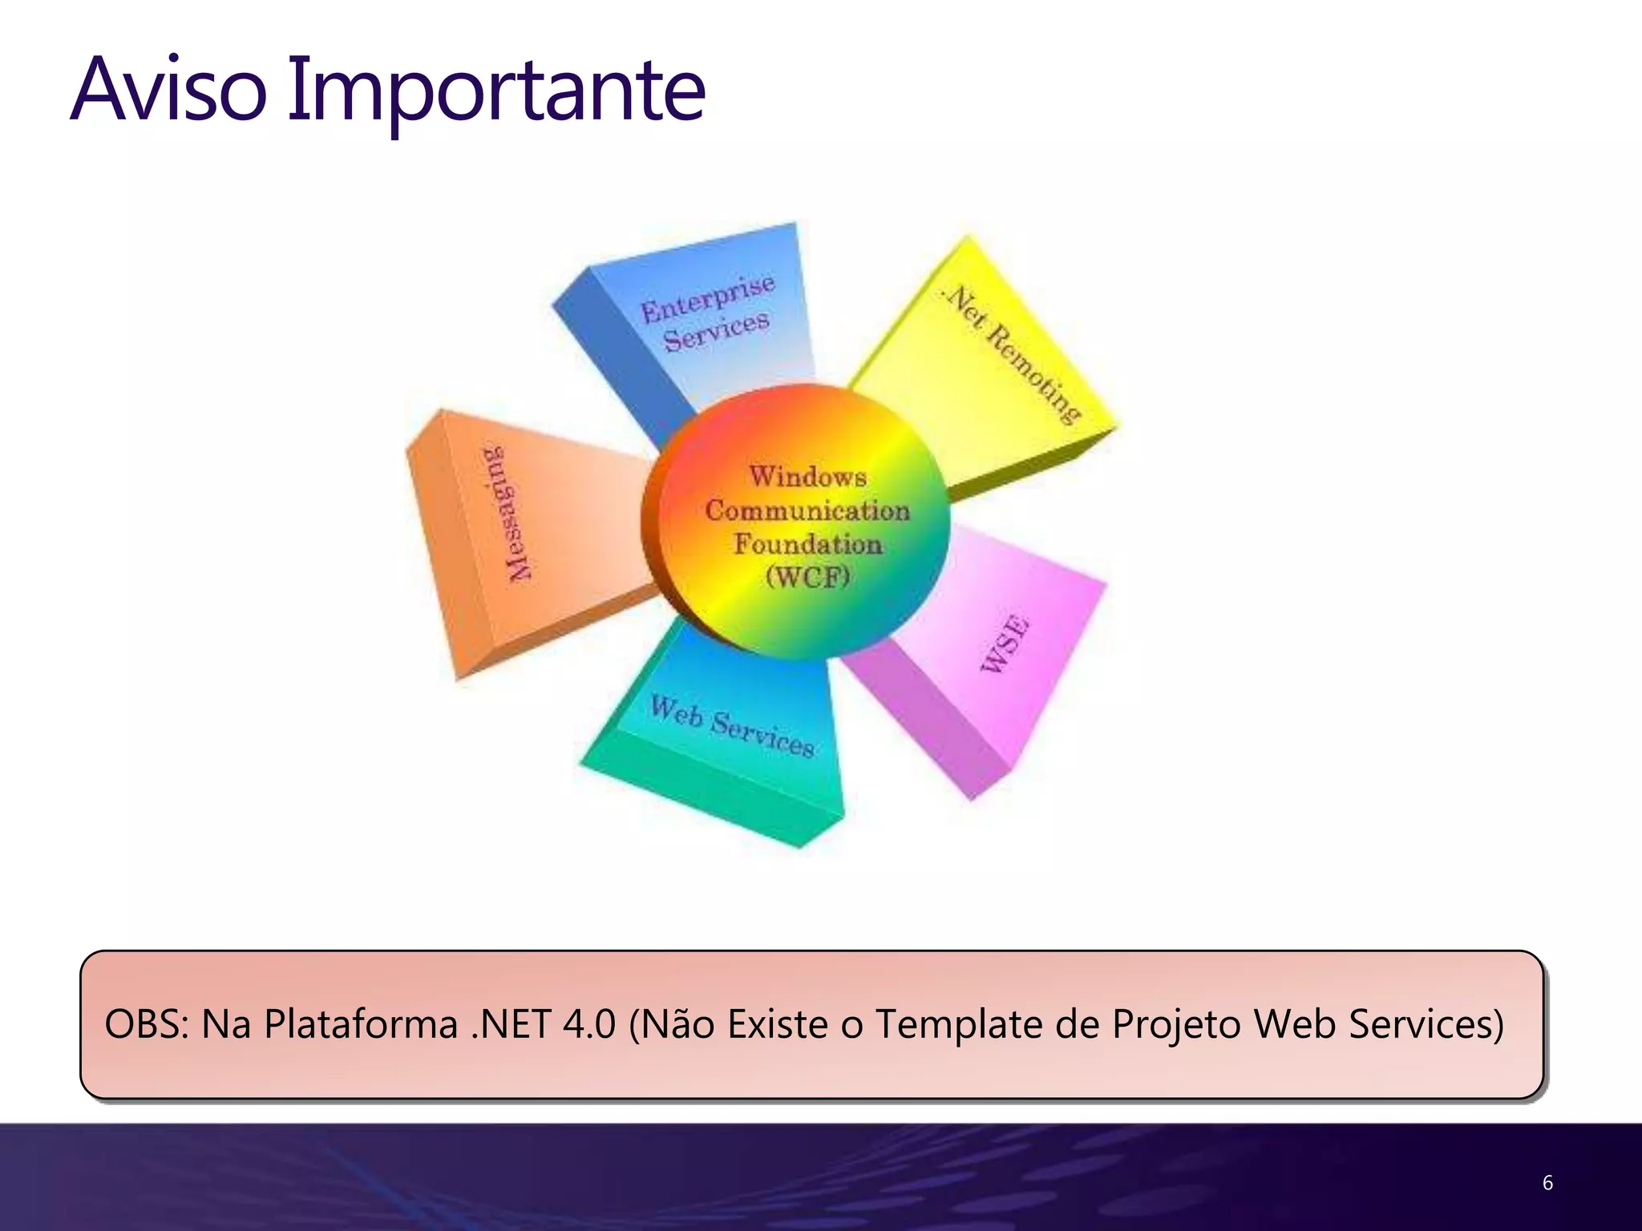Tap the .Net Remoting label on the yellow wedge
[x=1013, y=353]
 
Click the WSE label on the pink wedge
[x=1005, y=644]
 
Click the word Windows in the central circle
[x=807, y=477]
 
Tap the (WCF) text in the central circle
[x=807, y=576]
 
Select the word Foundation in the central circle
[x=807, y=543]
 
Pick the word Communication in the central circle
[x=807, y=511]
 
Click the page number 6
[x=1547, y=1183]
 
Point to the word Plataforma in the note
[x=361, y=1024]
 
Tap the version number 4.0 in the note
[x=589, y=1024]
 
